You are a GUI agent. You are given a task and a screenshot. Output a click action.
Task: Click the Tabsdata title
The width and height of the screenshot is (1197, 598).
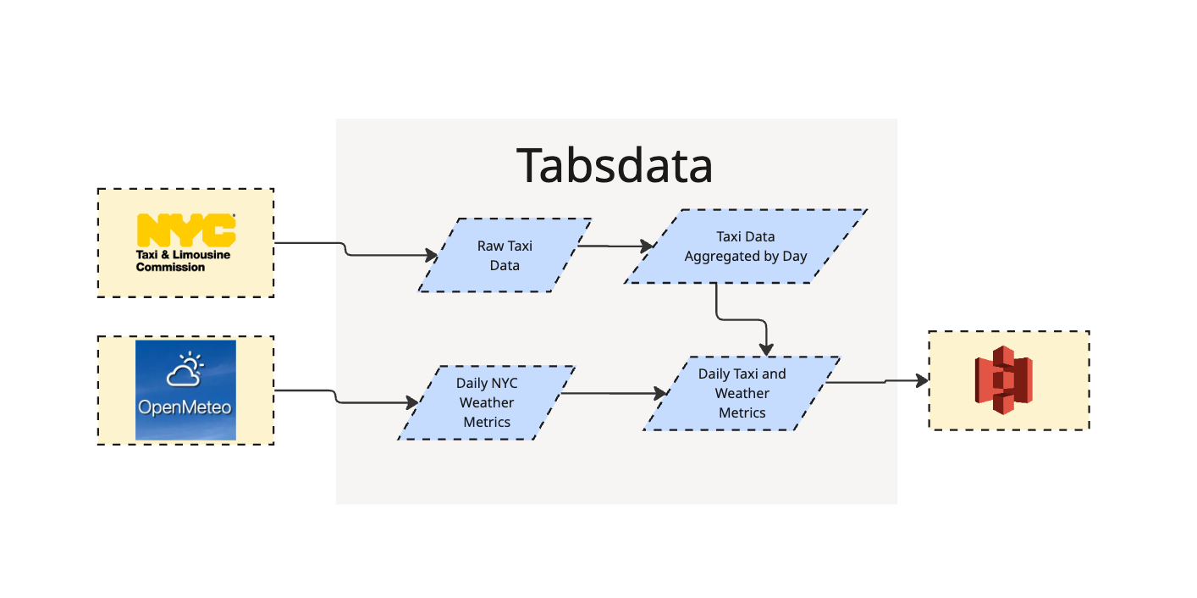click(615, 165)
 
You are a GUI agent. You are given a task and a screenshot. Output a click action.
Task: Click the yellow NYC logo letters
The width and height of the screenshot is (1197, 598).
click(185, 230)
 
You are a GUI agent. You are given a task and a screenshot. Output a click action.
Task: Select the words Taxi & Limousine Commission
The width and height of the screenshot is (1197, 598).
click(183, 261)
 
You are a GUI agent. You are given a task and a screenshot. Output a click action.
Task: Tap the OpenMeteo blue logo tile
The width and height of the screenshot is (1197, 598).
click(185, 390)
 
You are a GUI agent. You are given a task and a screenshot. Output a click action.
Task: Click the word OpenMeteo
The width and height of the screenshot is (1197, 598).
click(185, 407)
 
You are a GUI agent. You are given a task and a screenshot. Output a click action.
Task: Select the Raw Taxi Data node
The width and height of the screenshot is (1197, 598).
click(505, 255)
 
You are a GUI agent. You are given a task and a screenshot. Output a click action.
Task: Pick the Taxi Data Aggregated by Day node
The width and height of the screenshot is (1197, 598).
click(745, 246)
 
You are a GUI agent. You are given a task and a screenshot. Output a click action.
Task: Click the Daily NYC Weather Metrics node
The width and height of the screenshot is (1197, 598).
click(487, 402)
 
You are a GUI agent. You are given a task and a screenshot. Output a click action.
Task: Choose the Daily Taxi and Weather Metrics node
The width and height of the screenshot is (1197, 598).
click(742, 393)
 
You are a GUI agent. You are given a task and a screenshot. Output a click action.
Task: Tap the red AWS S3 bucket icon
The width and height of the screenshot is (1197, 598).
click(1003, 380)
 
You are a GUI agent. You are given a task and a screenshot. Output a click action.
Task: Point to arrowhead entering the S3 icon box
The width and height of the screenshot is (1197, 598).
click(921, 380)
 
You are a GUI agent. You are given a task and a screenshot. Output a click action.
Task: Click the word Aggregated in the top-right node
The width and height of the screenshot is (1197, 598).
click(720, 256)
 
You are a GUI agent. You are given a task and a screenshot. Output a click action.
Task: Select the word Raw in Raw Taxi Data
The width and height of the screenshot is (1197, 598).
click(490, 246)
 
